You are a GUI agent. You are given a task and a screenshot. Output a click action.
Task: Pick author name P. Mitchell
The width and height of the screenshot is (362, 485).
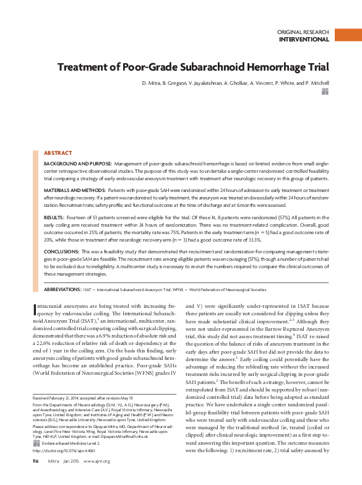[x=315, y=82]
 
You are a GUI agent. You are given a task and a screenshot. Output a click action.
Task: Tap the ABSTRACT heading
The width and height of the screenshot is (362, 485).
[x=58, y=152]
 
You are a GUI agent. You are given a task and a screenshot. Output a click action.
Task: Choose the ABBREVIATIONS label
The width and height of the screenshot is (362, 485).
[x=67, y=289]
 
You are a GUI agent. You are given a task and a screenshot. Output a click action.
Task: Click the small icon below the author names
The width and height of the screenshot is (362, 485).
[x=325, y=92]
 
